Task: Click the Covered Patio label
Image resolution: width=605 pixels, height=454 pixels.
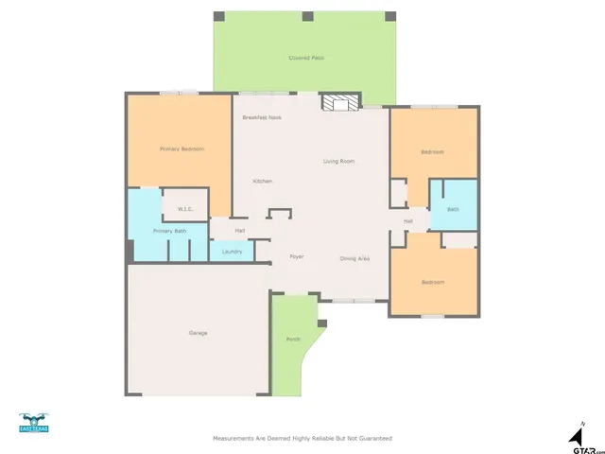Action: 306,59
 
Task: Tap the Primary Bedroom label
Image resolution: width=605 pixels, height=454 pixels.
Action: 181,148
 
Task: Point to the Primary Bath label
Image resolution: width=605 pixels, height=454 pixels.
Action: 169,231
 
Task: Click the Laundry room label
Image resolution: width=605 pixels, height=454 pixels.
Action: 232,252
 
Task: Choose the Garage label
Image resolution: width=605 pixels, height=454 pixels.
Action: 199,333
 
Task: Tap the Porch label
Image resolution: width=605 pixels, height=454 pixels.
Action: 293,340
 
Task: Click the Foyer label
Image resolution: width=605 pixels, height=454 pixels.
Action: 296,256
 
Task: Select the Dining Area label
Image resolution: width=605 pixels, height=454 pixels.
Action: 354,258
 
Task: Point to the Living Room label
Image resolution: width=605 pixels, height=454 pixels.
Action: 338,162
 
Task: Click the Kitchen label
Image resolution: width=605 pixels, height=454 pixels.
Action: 262,181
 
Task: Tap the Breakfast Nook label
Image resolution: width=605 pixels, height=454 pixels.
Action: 262,117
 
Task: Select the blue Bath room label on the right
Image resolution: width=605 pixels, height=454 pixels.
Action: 453,209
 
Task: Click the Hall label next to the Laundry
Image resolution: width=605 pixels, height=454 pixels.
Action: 240,231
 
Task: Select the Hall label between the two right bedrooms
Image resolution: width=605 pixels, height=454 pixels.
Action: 408,221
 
